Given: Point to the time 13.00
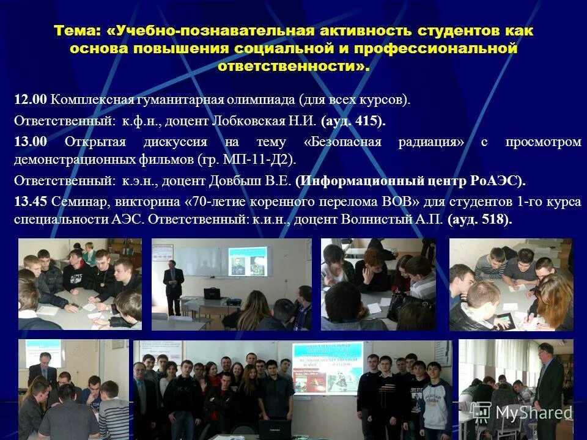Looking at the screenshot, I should coord(31,142).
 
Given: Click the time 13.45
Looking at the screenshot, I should coord(31,202).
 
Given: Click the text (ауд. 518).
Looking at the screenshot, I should coord(479,219).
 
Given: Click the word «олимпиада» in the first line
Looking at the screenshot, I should coord(266,100).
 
